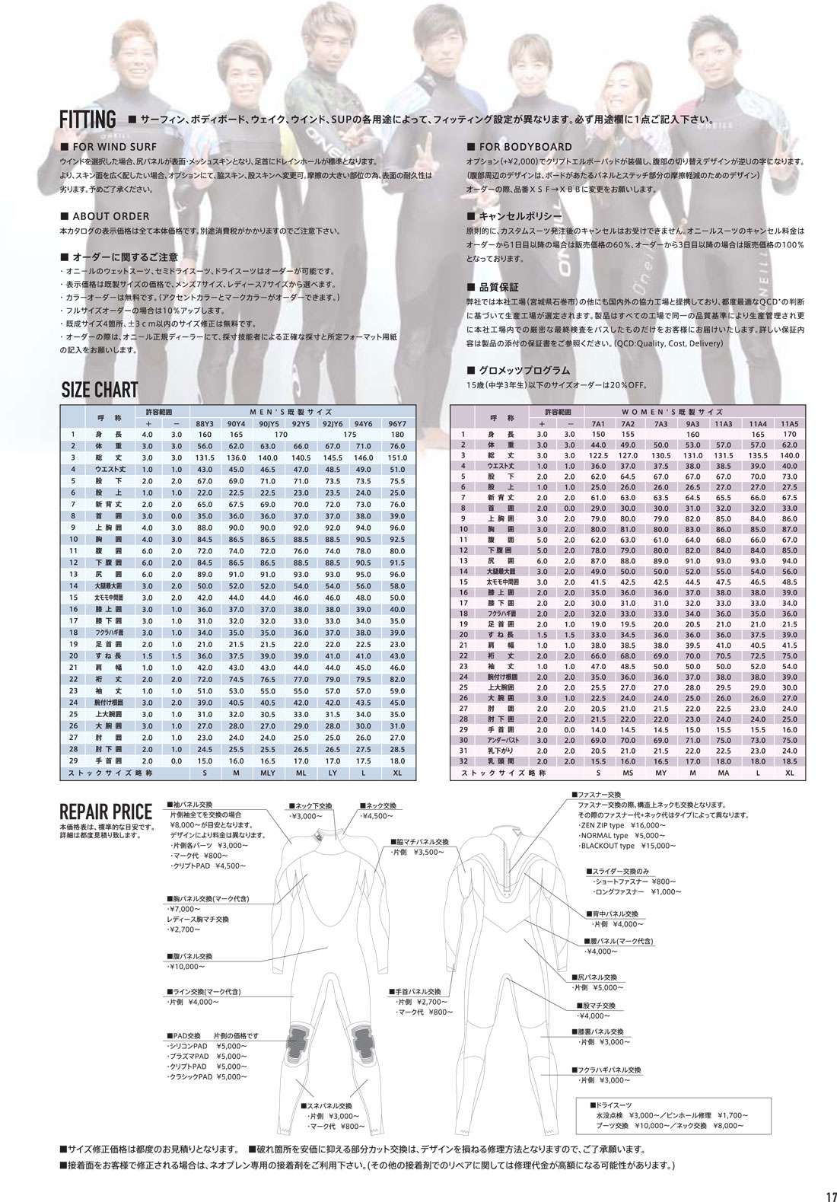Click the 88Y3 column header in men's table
pos(205,423)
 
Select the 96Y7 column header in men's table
pos(397,423)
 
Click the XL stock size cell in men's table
pos(397,773)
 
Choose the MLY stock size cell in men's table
pos(268,773)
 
